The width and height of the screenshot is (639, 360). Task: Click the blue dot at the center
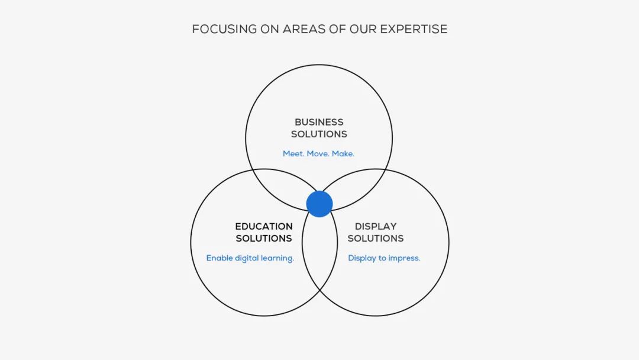coord(319,204)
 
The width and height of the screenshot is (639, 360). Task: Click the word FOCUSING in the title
coord(225,30)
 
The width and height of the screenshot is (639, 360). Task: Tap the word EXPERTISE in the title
coord(414,30)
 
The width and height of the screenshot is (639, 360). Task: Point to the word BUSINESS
coord(319,123)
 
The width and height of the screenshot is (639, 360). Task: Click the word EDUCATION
coord(264,226)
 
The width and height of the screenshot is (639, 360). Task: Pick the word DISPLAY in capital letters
coord(376,226)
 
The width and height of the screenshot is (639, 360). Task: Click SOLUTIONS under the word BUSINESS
coord(319,134)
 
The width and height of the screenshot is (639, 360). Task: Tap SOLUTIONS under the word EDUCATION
coord(264,239)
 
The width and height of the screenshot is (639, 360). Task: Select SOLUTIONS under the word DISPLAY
coord(376,239)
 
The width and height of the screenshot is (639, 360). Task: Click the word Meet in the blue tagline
coord(293,154)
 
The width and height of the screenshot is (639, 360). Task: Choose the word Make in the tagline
coord(343,154)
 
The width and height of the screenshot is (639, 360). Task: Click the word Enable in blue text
coord(220,258)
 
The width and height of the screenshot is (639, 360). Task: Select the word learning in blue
coord(278,259)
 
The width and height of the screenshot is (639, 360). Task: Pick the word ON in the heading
coord(270,30)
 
